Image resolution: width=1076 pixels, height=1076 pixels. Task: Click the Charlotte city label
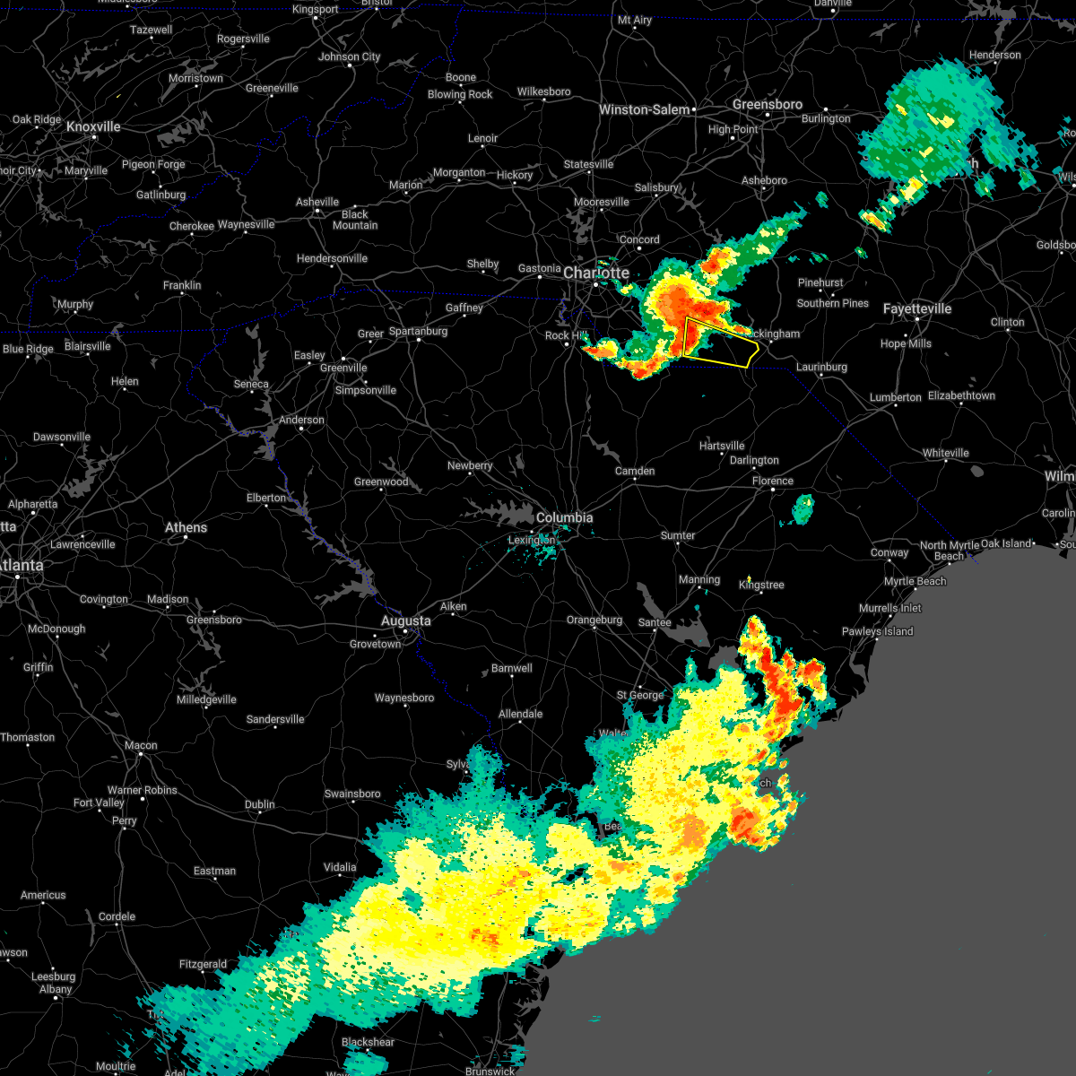tap(596, 273)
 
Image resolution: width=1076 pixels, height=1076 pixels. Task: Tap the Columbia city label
tap(564, 517)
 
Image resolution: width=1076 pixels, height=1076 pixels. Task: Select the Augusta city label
tap(405, 620)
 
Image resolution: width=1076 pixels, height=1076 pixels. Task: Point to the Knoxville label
tap(93, 126)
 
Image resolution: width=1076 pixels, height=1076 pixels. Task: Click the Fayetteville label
tap(916, 308)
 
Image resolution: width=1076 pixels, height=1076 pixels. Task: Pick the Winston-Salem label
tap(644, 109)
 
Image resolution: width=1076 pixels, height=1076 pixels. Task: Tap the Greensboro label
tap(767, 104)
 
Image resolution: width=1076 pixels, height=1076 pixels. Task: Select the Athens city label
tap(186, 527)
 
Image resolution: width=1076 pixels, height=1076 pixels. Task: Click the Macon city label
tap(141, 745)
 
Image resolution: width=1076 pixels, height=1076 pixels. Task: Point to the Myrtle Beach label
tap(915, 581)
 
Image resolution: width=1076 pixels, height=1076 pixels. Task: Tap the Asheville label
tap(317, 202)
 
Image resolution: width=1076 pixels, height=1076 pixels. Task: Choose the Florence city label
tap(772, 481)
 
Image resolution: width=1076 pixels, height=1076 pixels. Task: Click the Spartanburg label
tap(418, 331)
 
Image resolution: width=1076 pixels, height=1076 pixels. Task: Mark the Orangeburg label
tap(594, 620)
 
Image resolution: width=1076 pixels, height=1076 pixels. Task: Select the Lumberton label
tap(895, 397)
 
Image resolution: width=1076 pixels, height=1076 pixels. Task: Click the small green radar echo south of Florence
tap(803, 509)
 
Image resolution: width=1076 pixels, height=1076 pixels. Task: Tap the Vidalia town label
tap(340, 867)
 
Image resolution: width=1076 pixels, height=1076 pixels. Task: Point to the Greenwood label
tap(381, 482)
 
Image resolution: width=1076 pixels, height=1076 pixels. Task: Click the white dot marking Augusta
tap(405, 631)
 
